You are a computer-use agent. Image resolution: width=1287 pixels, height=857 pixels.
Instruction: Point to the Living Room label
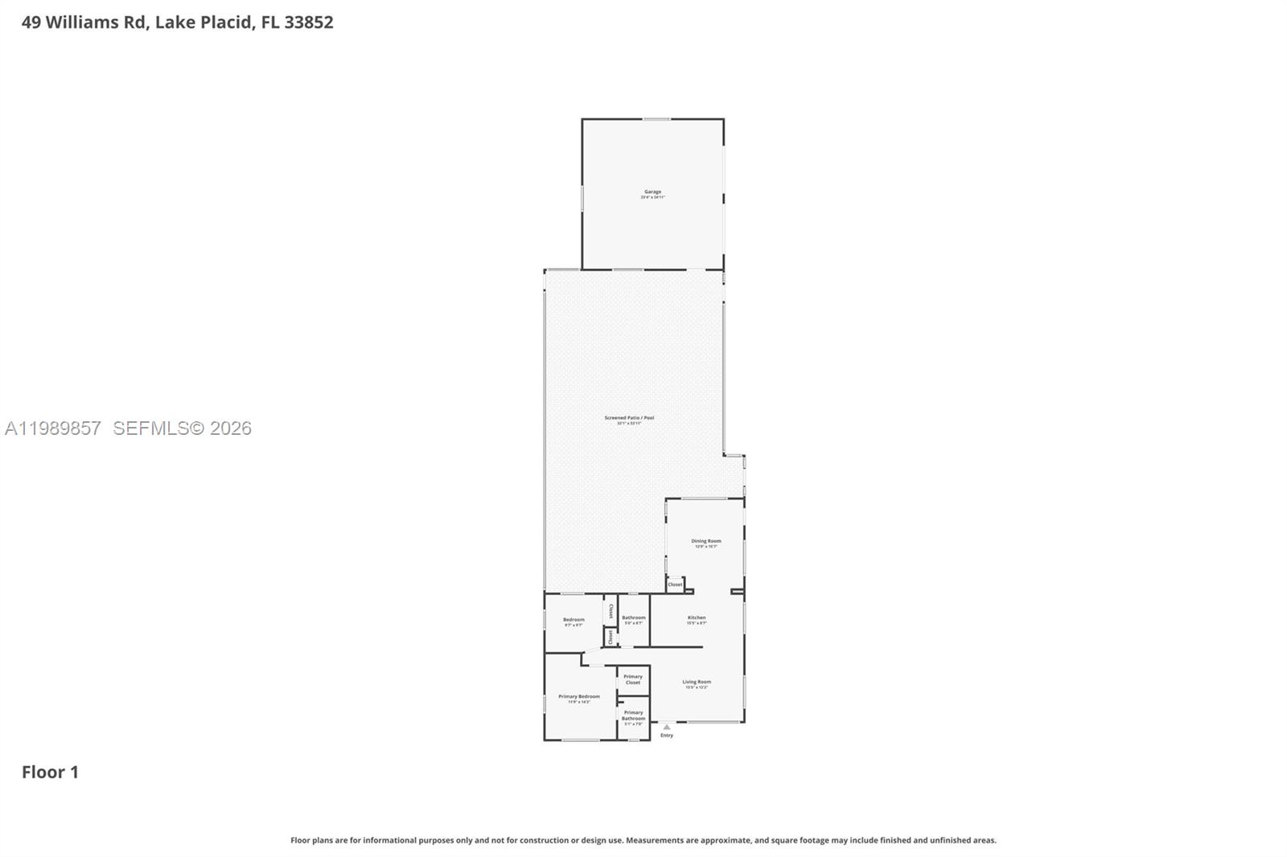[x=697, y=683]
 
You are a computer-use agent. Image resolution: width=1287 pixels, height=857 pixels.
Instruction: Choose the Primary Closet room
[x=633, y=679]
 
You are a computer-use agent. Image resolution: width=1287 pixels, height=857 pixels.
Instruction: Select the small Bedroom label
[x=573, y=621]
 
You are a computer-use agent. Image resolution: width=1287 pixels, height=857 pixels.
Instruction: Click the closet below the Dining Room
[x=675, y=584]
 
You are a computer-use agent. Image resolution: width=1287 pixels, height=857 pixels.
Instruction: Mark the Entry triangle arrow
[x=666, y=727]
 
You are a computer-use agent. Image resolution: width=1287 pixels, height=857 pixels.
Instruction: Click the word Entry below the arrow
[x=667, y=736]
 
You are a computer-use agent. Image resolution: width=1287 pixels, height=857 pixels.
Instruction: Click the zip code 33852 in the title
[x=308, y=23]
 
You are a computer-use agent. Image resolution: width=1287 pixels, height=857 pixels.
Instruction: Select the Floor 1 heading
[x=50, y=772]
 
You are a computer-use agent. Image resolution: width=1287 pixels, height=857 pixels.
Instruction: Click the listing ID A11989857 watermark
[x=53, y=428]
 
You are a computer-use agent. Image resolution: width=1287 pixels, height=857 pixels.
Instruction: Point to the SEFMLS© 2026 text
[x=182, y=428]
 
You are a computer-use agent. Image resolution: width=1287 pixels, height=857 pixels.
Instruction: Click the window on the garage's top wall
[x=656, y=120]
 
